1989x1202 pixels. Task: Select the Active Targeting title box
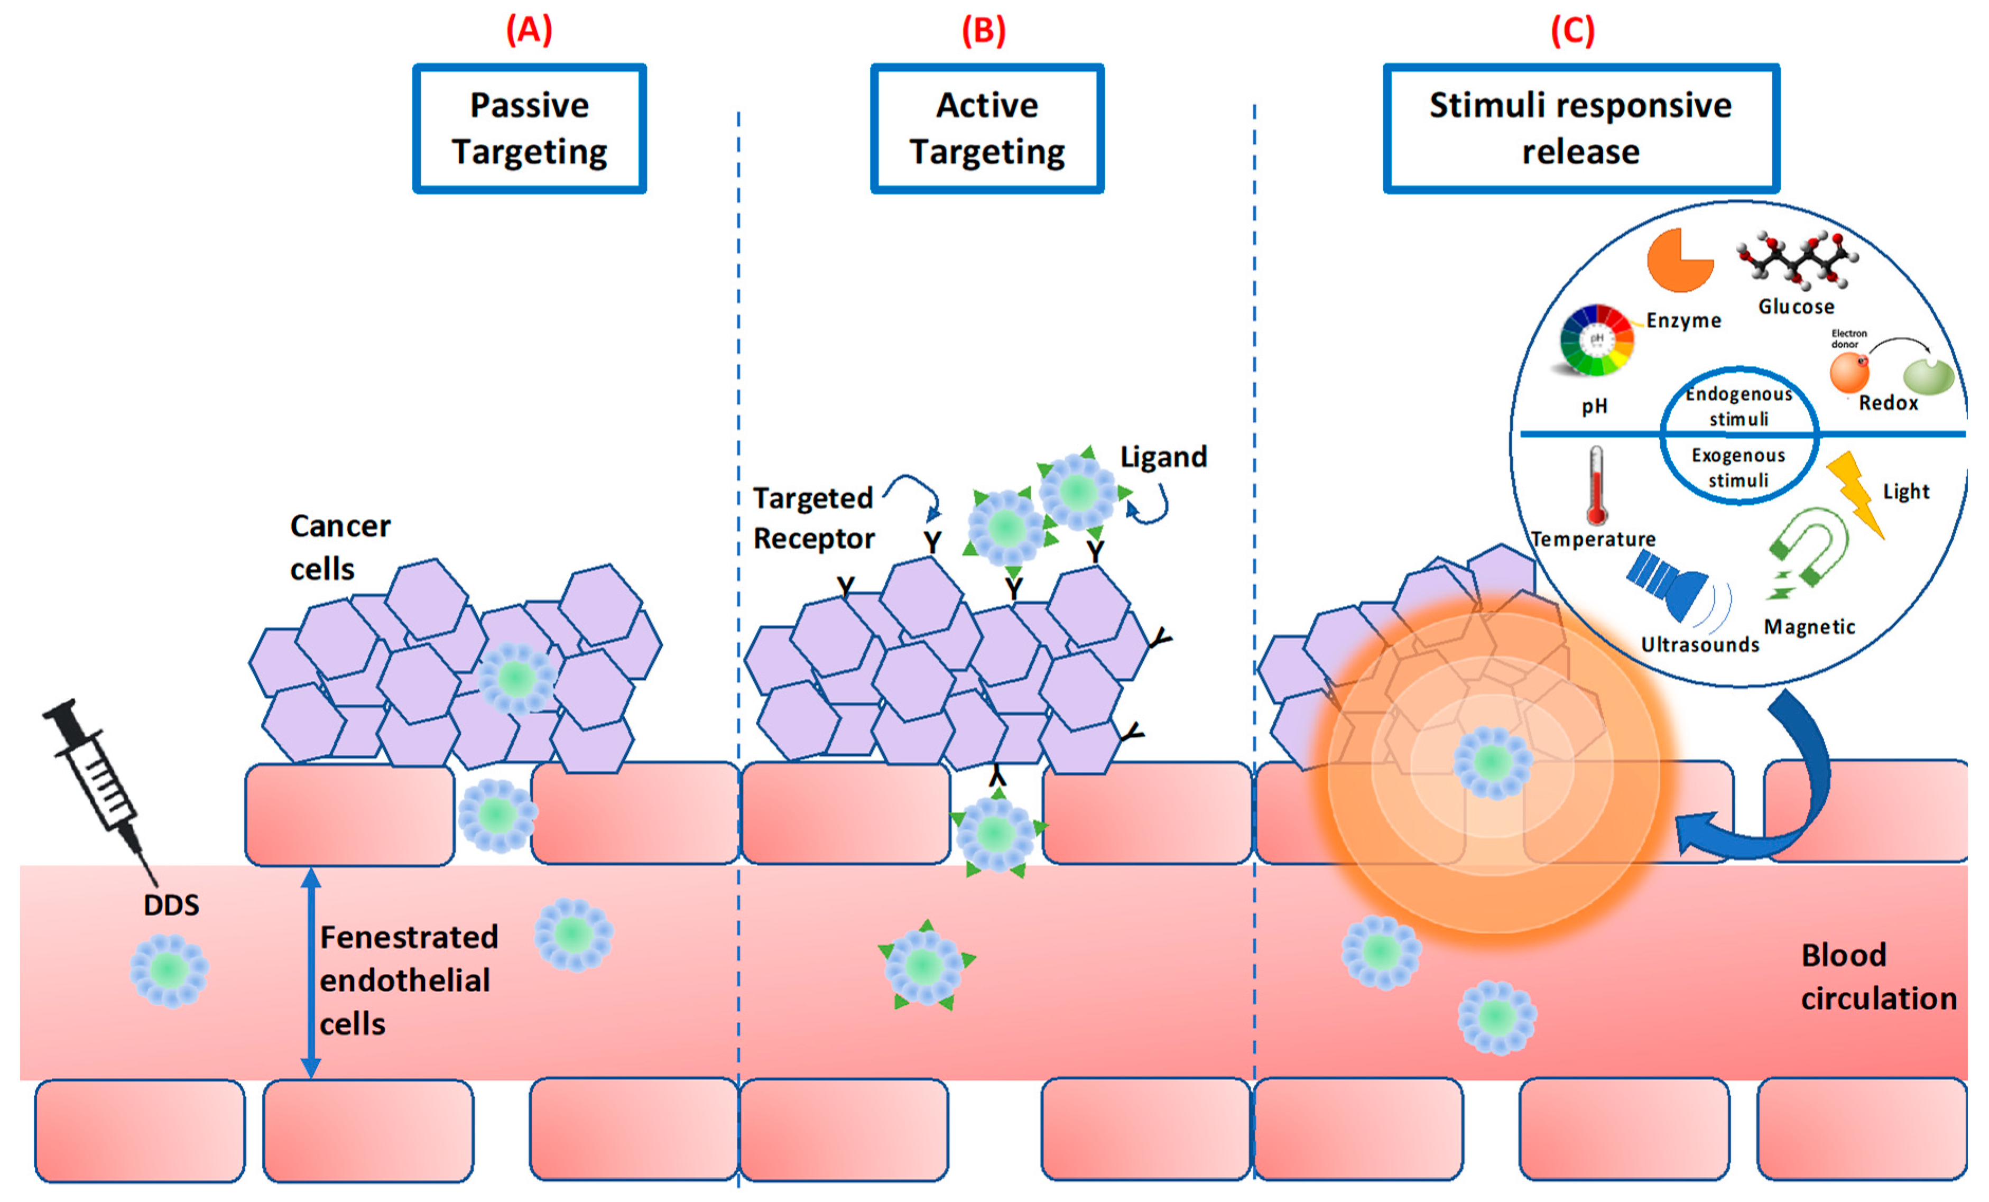[986, 128]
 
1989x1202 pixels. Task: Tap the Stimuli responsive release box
[1580, 128]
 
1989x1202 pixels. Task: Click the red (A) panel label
[529, 30]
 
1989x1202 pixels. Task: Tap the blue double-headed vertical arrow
[311, 973]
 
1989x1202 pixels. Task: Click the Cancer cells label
[339, 547]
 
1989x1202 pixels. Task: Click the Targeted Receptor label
[813, 517]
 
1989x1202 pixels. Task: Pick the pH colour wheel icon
[1596, 340]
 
